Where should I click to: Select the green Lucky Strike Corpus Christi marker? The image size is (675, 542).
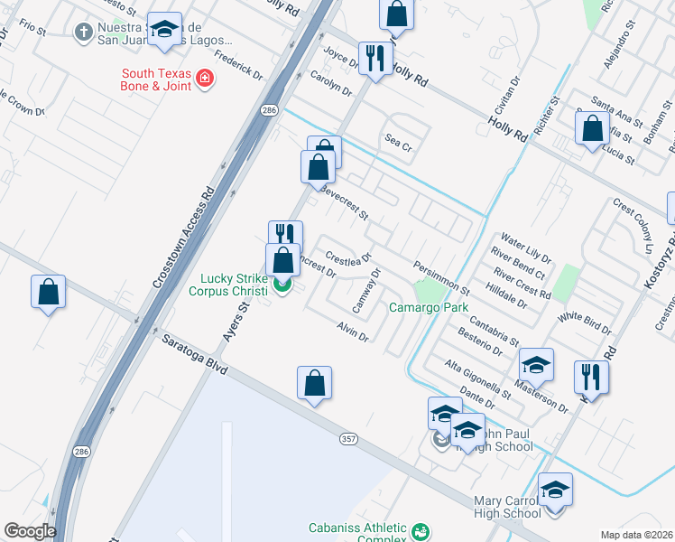[282, 285]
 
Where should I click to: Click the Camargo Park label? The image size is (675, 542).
[429, 308]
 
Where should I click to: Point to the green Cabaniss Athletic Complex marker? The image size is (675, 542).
[419, 531]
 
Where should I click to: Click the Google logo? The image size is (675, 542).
[31, 531]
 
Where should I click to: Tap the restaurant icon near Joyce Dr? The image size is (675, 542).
[374, 59]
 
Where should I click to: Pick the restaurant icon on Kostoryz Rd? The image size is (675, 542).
[591, 376]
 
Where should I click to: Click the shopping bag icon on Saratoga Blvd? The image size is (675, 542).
[314, 383]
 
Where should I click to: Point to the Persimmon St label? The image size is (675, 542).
[441, 279]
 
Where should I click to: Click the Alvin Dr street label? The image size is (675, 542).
[353, 332]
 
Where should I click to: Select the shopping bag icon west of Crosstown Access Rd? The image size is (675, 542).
[49, 292]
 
